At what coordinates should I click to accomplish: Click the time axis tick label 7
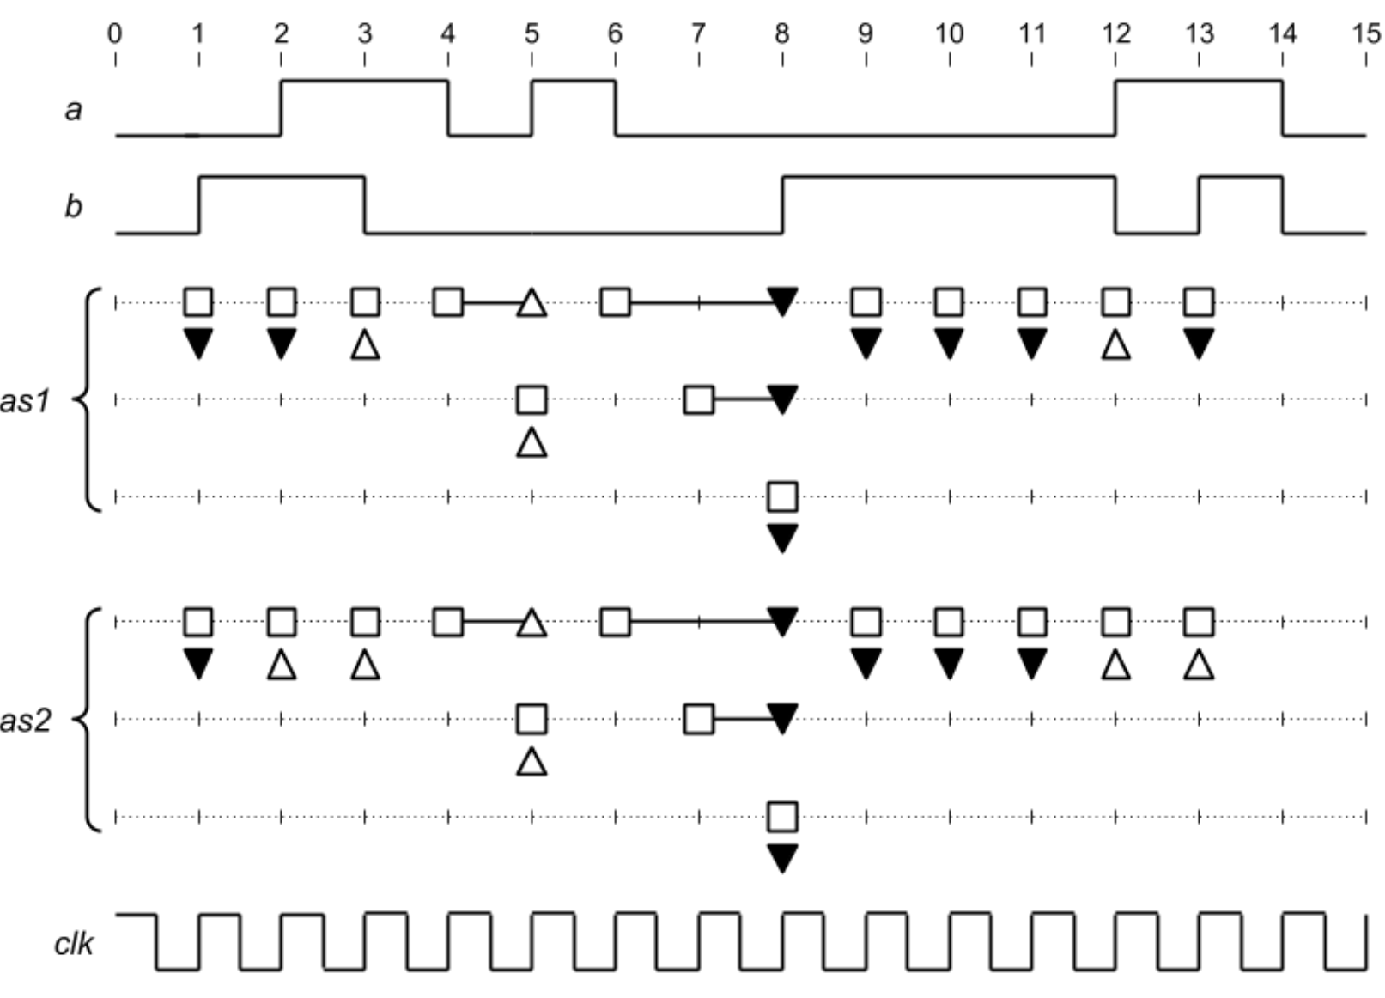[698, 33]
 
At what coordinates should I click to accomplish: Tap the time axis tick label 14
[1283, 33]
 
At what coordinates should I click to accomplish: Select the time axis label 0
[114, 33]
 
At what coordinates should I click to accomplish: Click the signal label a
[74, 109]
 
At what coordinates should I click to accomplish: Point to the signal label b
[74, 206]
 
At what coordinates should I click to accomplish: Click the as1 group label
[26, 400]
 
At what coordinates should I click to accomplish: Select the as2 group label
[26, 720]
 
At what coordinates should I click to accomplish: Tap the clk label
[74, 944]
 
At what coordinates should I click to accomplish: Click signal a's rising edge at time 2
[282, 108]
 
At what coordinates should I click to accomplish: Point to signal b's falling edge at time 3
[365, 204]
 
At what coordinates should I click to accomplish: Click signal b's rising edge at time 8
[782, 204]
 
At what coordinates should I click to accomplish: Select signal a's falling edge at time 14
[1283, 108]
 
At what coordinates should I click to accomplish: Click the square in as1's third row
[782, 496]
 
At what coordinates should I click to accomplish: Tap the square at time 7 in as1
[699, 399]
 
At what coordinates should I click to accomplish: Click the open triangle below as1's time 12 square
[1115, 345]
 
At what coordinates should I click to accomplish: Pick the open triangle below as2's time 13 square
[1199, 665]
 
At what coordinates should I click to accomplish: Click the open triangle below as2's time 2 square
[282, 665]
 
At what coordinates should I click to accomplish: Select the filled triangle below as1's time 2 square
[282, 344]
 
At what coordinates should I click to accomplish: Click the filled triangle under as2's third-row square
[782, 857]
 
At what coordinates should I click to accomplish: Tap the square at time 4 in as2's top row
[448, 621]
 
